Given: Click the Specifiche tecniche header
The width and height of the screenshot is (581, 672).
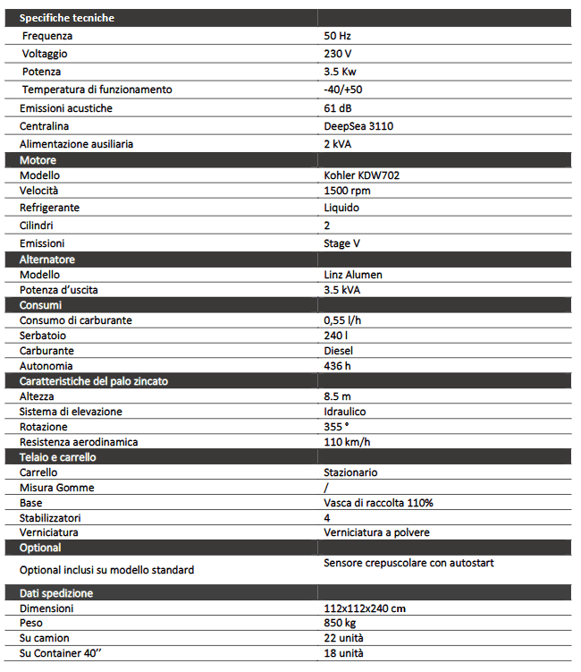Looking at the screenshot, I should pyautogui.click(x=67, y=18).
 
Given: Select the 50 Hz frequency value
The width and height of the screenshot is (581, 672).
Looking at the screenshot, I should pyautogui.click(x=337, y=36).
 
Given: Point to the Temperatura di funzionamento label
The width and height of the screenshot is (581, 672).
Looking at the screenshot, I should pyautogui.click(x=97, y=89).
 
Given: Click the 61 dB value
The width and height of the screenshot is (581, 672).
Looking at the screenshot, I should pyautogui.click(x=337, y=108).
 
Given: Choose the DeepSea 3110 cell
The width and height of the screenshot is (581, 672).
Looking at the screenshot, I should pyautogui.click(x=358, y=126).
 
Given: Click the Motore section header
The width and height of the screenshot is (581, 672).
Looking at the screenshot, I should pyautogui.click(x=38, y=160).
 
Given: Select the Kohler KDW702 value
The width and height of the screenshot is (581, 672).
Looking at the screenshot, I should pyautogui.click(x=361, y=175).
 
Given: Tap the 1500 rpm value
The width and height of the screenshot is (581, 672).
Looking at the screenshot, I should pyautogui.click(x=347, y=191).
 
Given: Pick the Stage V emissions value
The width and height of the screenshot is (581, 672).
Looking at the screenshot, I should pyautogui.click(x=342, y=242).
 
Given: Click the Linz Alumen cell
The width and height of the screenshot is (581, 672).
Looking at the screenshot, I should pyautogui.click(x=353, y=275).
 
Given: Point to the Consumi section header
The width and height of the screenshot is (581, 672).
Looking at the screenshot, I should pyautogui.click(x=40, y=305).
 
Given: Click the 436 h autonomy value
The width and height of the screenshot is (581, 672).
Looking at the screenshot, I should pyautogui.click(x=337, y=366).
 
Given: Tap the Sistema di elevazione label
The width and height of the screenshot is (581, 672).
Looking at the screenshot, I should pyautogui.click(x=71, y=412).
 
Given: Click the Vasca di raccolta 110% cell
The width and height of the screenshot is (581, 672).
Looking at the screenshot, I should pyautogui.click(x=378, y=503).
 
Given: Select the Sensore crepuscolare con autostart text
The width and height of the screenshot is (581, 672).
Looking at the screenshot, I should pyautogui.click(x=408, y=563).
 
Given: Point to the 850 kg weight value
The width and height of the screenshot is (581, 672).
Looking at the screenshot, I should pyautogui.click(x=339, y=623).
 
